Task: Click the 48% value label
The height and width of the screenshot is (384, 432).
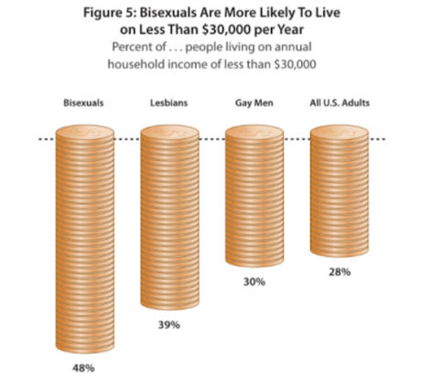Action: coord(83,367)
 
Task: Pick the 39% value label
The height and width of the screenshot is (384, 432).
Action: coord(168,325)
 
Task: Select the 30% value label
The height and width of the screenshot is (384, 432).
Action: coord(254,283)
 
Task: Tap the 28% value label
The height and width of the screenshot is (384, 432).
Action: coord(340,273)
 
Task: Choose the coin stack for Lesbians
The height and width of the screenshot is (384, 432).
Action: coord(168,219)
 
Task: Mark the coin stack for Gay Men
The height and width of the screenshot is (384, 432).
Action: coord(254,197)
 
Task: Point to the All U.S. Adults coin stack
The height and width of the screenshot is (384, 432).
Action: coord(340,192)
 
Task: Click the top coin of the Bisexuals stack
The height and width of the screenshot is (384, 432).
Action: coord(83,135)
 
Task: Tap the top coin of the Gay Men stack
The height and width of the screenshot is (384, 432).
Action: coord(254,135)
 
